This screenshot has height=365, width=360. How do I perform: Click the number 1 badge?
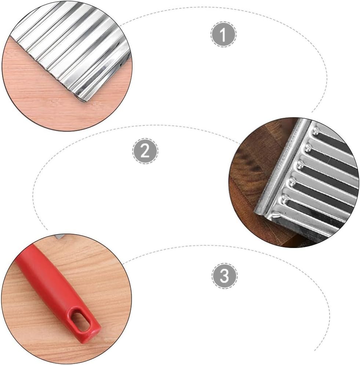tap(223, 34)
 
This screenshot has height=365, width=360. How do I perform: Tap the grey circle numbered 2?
tap(145, 151)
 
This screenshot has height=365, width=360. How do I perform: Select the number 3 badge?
tap(225, 276)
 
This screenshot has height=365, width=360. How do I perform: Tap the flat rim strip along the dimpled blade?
tap(283, 168)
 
